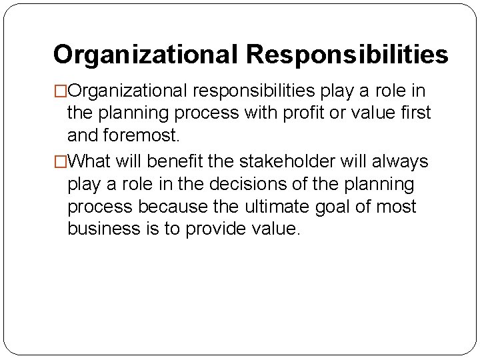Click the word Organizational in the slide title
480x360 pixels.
(146, 55)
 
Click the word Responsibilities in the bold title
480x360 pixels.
(347, 55)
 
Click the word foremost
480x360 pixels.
(142, 137)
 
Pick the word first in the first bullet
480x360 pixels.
(414, 113)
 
